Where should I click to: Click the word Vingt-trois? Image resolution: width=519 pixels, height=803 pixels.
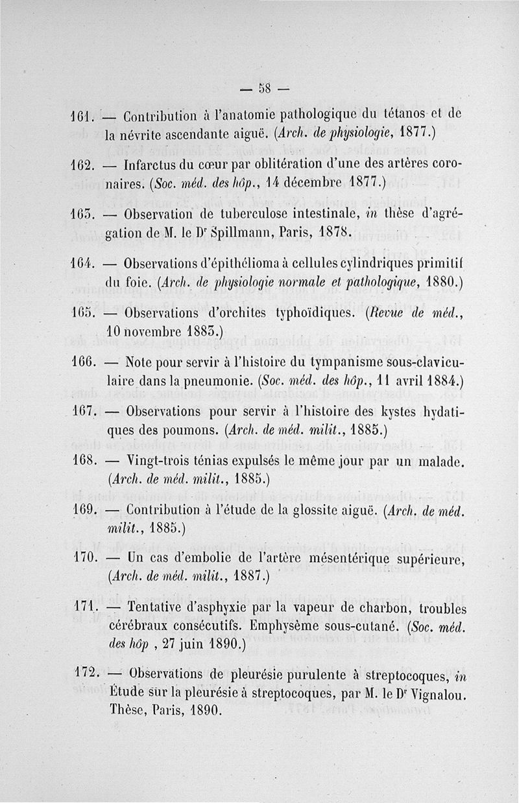pos(162,463)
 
